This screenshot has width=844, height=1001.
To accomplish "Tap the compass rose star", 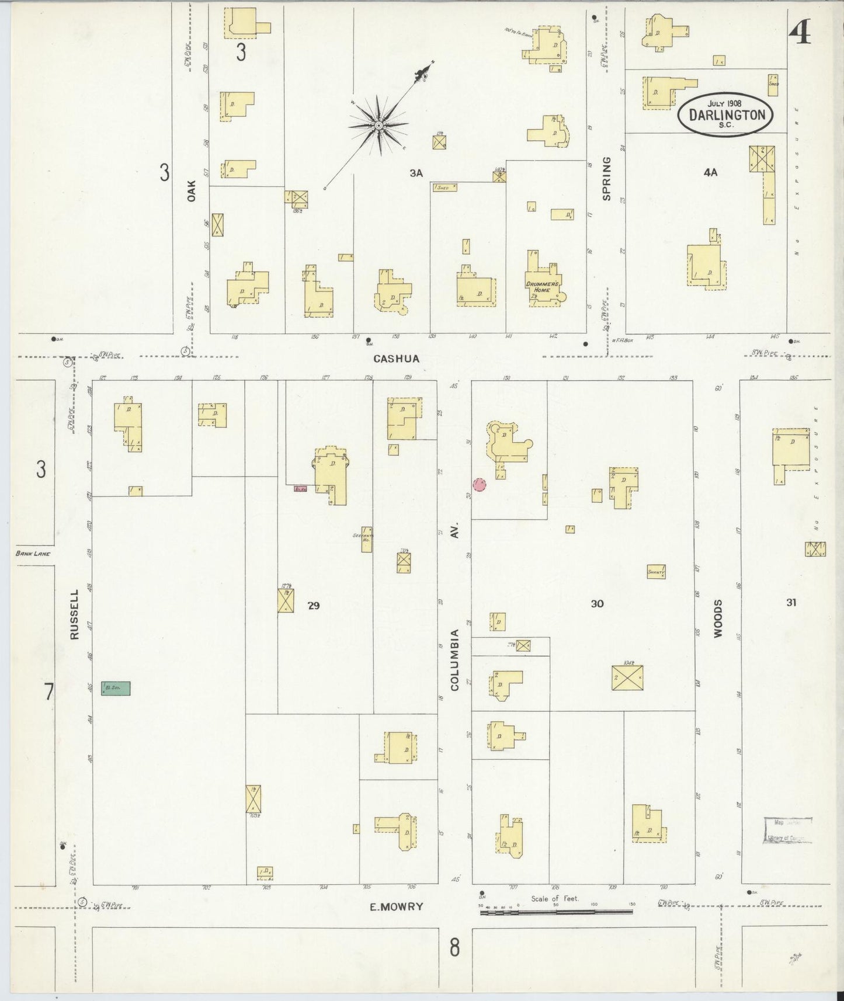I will [378, 125].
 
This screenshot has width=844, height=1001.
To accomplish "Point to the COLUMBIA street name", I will [455, 659].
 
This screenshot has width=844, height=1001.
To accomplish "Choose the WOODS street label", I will [717, 617].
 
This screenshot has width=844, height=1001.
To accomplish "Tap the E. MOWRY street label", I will [397, 907].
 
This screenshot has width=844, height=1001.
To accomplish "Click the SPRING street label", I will [606, 178].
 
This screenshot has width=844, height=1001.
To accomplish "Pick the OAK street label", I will [191, 190].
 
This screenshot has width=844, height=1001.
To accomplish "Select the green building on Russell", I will [116, 689].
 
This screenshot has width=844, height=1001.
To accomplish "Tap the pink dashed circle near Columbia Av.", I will [480, 485].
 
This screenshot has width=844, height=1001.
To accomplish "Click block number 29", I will [314, 606].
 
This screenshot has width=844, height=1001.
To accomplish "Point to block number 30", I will [597, 604].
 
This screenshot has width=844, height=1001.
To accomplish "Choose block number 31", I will [791, 603].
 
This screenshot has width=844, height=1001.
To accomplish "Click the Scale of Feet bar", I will [556, 910].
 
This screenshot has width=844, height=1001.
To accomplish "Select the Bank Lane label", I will [34, 554].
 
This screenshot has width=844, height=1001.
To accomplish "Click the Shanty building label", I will [656, 572].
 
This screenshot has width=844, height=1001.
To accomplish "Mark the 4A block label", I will [710, 172].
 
